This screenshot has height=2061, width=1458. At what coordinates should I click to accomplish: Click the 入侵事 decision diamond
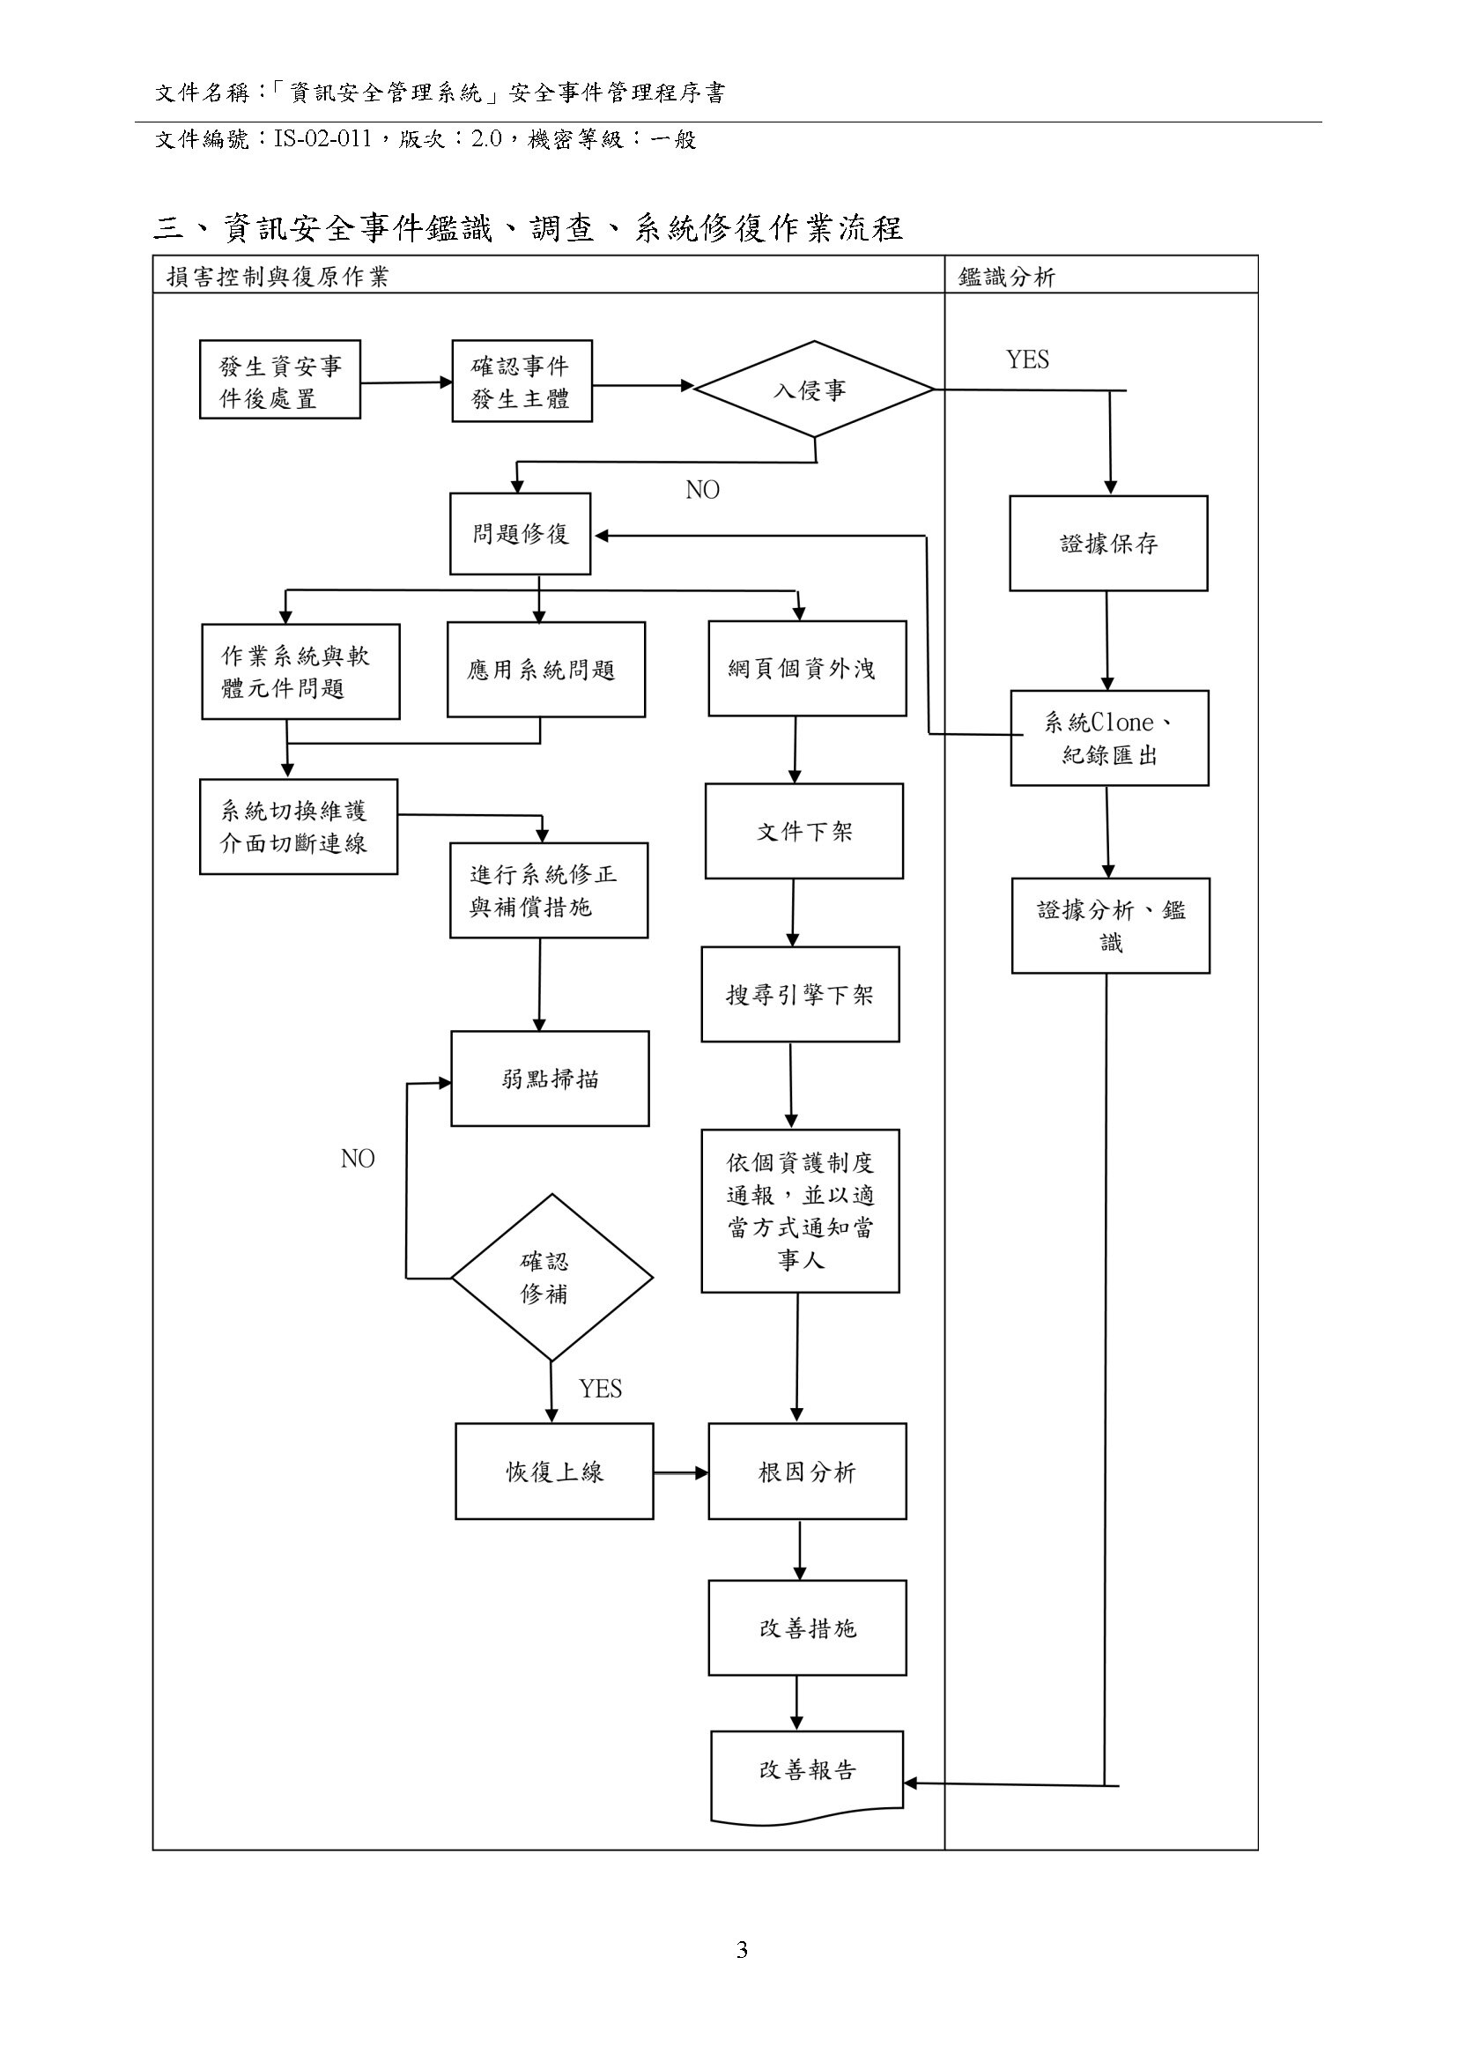click(x=813, y=389)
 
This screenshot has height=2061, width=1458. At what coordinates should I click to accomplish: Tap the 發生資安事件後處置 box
click(x=280, y=380)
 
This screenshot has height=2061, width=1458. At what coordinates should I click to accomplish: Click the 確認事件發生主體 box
click(x=522, y=382)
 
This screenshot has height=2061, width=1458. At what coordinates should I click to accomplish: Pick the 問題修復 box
click(x=521, y=534)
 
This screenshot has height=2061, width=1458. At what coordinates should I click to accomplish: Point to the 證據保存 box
click(x=1108, y=544)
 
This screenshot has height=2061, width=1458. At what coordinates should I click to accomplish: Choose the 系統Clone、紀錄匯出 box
click(x=1109, y=738)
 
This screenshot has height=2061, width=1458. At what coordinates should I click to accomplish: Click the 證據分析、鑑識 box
click(x=1111, y=926)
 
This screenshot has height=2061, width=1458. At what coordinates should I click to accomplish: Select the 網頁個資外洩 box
click(x=806, y=669)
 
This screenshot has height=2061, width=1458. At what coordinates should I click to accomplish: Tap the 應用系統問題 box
click(x=546, y=670)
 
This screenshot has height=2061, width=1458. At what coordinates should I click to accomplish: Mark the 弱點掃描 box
click(x=550, y=1079)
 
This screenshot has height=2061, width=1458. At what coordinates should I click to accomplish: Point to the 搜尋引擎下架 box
click(x=800, y=995)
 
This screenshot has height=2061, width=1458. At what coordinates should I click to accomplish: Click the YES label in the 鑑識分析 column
click(x=1027, y=360)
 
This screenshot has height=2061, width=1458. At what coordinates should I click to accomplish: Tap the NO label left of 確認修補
click(x=358, y=1160)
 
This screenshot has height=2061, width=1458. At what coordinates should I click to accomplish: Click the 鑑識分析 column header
click(x=1006, y=277)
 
